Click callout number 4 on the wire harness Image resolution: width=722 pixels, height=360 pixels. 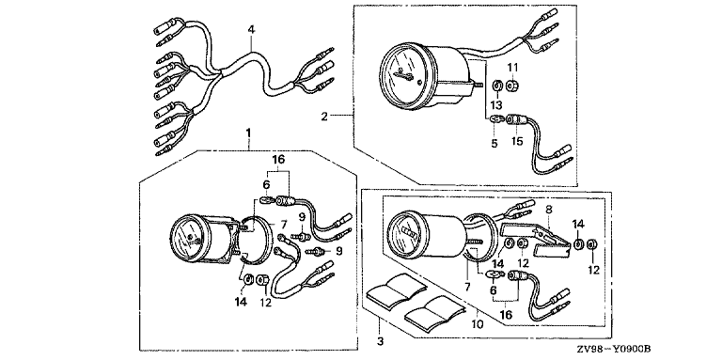tap(251, 30)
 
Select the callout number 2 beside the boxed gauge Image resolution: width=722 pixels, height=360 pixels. tap(324, 117)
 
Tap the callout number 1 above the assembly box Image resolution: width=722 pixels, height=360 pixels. tap(248, 133)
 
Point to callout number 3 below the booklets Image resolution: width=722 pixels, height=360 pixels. tap(380, 341)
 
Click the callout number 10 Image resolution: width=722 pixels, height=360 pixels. tap(479, 325)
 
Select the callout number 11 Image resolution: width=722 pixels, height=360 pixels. tap(512, 68)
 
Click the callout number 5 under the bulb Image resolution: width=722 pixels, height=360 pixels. tap(494, 143)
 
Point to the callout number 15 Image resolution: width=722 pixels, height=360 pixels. tap(517, 141)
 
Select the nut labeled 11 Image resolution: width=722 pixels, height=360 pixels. tap(511, 86)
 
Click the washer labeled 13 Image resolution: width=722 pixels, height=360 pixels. tap(496, 86)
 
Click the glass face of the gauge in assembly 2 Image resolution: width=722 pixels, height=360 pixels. tap(401, 75)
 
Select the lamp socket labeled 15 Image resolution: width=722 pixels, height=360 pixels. tap(516, 120)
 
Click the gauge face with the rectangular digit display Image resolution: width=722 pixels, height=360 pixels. tap(406, 229)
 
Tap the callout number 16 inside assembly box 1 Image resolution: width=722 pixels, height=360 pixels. tap(278, 160)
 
